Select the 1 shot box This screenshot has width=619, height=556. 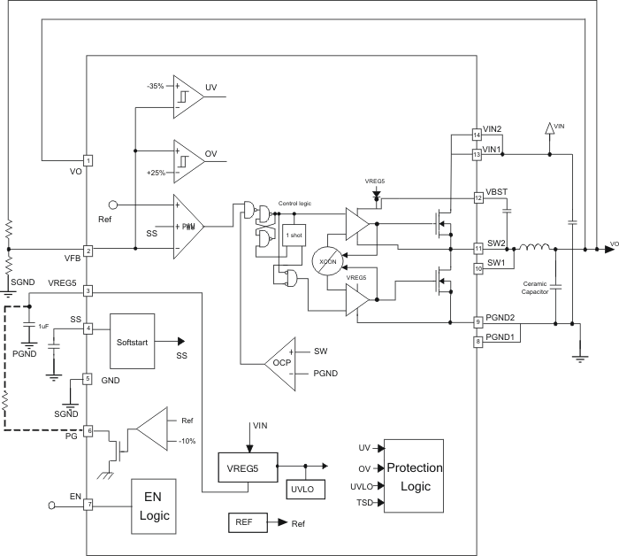tap(294, 235)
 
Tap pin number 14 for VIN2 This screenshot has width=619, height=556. tap(477, 135)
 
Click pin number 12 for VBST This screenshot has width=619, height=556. tap(477, 198)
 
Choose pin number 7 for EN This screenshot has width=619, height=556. tap(88, 504)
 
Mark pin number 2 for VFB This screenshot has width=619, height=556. tap(88, 251)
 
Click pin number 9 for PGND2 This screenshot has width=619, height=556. tap(477, 322)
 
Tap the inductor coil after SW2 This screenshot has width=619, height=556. tap(533, 249)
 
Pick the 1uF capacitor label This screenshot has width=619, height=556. tap(43, 327)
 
